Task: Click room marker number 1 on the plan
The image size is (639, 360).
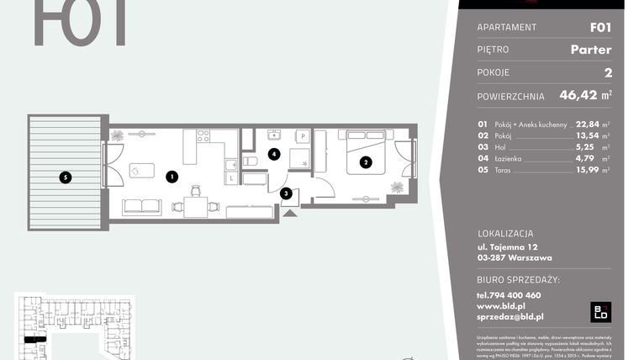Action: pos(171,177)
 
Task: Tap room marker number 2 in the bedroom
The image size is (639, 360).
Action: pos(366,162)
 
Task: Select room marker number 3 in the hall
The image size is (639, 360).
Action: pos(286,194)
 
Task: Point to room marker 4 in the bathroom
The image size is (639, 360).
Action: pos(273,154)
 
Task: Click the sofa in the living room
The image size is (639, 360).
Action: pos(142,207)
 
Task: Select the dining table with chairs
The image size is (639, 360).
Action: pos(194,205)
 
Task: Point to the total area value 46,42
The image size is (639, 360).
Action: pos(569,96)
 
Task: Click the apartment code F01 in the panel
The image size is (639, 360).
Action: pos(599,27)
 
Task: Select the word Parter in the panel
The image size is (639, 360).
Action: pos(590,50)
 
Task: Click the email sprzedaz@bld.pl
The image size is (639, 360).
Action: pos(510,316)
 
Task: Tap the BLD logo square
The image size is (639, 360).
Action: pos(600,311)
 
